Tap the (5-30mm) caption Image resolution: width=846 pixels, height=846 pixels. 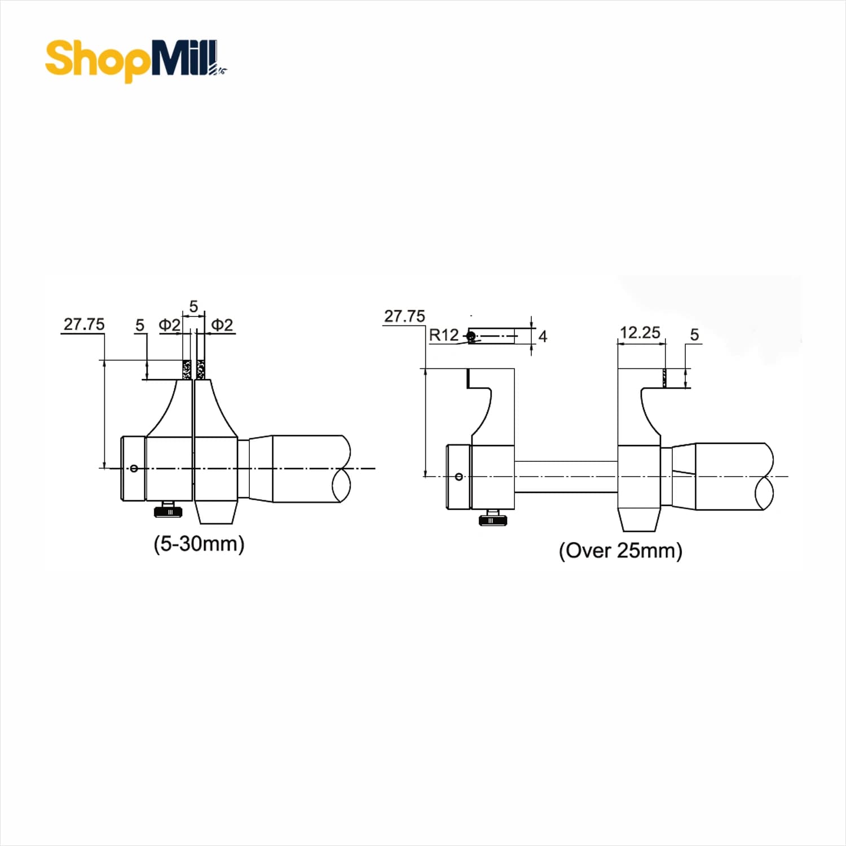[x=199, y=544]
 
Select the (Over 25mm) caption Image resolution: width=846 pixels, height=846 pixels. [x=620, y=550]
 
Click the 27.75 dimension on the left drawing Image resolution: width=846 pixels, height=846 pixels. [x=84, y=324]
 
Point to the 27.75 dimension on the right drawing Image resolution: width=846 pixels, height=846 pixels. [x=404, y=316]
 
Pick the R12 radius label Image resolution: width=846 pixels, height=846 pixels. [x=444, y=335]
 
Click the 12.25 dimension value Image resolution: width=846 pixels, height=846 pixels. [x=640, y=332]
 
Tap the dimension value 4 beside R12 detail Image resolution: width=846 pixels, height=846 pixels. [x=543, y=336]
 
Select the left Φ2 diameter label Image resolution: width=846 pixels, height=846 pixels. [x=169, y=324]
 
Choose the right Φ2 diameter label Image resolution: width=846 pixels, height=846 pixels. [x=222, y=324]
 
